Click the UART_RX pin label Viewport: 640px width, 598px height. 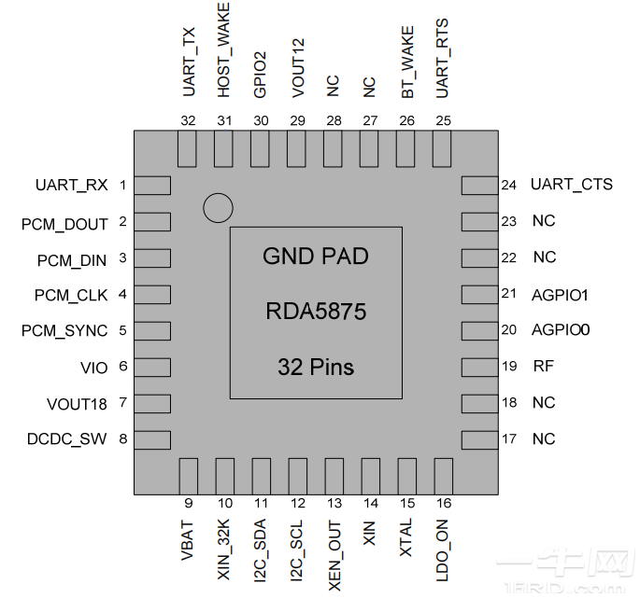pyautogui.click(x=71, y=185)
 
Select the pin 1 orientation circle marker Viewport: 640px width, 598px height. pyautogui.click(x=218, y=208)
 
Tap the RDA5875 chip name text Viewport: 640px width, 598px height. pyautogui.click(x=316, y=312)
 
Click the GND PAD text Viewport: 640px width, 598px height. pyautogui.click(x=316, y=257)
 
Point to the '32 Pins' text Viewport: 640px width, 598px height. pyautogui.click(x=316, y=368)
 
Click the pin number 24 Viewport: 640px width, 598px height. pyautogui.click(x=508, y=185)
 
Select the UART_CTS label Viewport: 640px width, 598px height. pyautogui.click(x=572, y=185)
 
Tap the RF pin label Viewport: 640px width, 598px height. pyautogui.click(x=543, y=367)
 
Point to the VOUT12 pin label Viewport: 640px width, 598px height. pyautogui.click(x=298, y=68)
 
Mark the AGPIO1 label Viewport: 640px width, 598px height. pyautogui.click(x=559, y=294)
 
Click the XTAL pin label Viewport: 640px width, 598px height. pyautogui.click(x=406, y=540)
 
